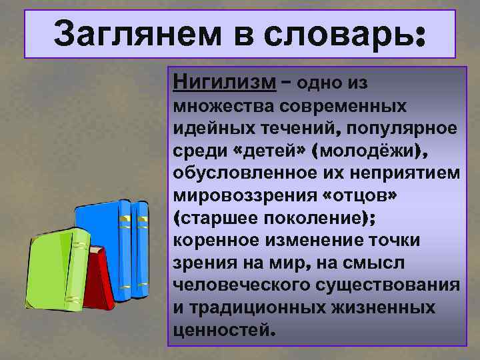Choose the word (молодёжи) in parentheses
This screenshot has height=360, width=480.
374,151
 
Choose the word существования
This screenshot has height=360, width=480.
386,287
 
